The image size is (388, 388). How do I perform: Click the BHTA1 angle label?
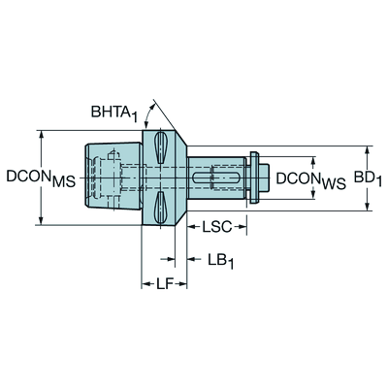pos(114,113)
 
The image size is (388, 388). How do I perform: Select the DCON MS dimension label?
pos(41,178)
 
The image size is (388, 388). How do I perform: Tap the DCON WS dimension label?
pos(311,179)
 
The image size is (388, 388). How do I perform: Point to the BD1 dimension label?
pos(368,178)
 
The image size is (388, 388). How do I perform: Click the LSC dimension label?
pos(217,227)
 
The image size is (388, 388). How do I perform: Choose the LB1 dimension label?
pos(220,261)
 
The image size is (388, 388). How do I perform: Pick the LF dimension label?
pos(165,284)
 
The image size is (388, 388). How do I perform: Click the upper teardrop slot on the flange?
pos(161,147)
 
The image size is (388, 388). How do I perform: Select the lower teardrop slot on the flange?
pos(161,208)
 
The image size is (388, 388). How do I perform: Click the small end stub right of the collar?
pos(264,178)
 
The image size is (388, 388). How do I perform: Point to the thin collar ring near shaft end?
pos(254,178)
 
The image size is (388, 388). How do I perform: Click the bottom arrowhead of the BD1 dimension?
pos(367,206)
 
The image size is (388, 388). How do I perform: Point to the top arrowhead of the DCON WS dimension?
pos(313,162)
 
